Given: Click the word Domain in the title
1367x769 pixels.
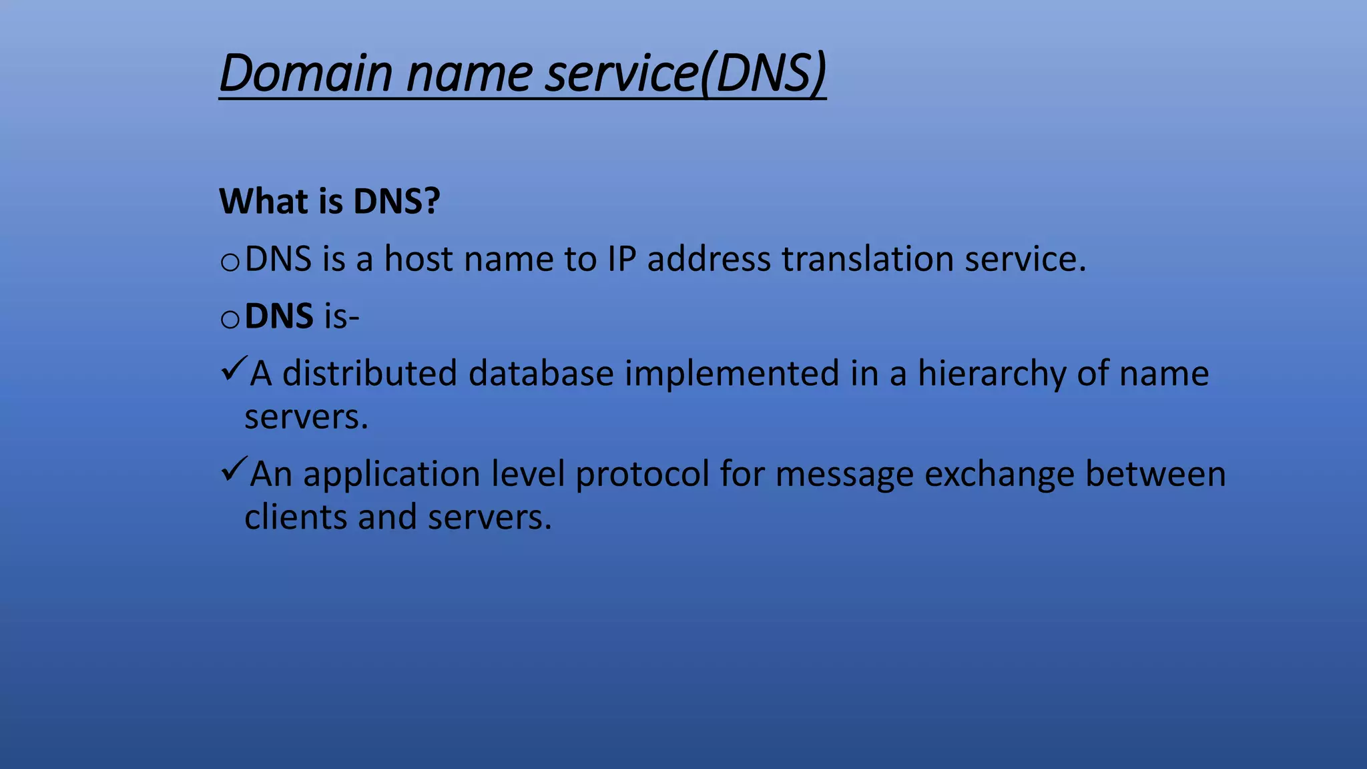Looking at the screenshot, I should [x=306, y=73].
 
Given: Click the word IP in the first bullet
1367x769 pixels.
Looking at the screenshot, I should [x=621, y=259].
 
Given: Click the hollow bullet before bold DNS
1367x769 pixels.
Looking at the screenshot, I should [x=230, y=320].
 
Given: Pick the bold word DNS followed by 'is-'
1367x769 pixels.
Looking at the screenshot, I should [x=279, y=316].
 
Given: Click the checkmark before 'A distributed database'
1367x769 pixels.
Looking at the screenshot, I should [x=234, y=368].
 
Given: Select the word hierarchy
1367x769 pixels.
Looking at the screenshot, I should [x=991, y=373].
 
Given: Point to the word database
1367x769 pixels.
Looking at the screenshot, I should [x=541, y=373].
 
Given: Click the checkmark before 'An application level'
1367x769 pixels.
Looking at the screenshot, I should [x=234, y=469].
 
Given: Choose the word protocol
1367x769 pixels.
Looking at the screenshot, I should [x=641, y=474].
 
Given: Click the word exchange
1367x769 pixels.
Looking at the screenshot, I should [x=999, y=474].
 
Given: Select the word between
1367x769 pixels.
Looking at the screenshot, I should [x=1155, y=474].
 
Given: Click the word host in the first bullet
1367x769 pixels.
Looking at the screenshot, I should [x=418, y=259].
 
